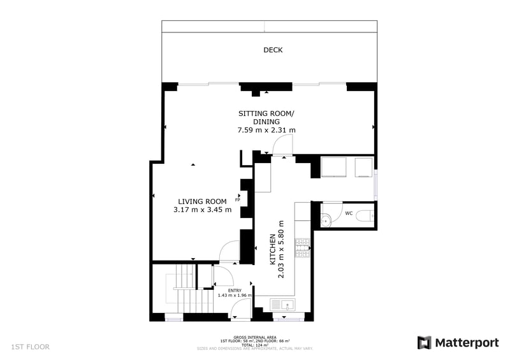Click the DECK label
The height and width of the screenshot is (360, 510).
click(x=273, y=50)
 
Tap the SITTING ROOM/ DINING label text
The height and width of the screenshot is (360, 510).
click(x=266, y=117)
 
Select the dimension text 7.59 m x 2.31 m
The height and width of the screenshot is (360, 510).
click(x=266, y=130)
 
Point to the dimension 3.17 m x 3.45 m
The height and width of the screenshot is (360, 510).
click(x=202, y=210)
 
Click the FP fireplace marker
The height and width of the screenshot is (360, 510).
click(x=237, y=200)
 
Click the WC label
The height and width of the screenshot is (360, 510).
click(x=349, y=213)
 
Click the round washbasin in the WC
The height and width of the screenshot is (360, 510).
click(x=325, y=220)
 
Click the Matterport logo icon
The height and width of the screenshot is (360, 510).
click(x=424, y=343)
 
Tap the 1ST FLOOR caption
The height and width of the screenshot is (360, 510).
click(x=30, y=347)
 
